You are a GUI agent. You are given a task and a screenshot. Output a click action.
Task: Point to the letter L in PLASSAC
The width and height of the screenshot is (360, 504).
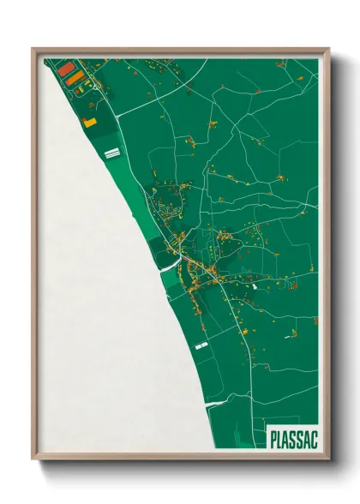pos(280,439)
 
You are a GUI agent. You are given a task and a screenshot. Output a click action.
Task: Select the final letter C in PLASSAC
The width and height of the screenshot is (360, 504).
pos(313,439)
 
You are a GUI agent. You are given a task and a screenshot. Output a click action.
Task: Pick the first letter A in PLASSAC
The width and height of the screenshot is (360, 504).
pos(287,439)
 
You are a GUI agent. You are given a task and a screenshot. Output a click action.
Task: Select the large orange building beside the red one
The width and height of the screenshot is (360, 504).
pos(75,78)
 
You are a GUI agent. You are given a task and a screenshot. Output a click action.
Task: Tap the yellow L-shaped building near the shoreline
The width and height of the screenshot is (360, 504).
pos(90,122)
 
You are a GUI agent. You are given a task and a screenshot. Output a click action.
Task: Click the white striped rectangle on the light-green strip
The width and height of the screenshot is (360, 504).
pos(111,153)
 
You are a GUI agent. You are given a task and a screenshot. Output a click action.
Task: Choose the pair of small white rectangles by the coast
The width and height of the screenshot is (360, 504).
pos(202,345)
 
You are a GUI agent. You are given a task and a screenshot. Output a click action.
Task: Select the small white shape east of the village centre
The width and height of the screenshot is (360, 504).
pos(255,286)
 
